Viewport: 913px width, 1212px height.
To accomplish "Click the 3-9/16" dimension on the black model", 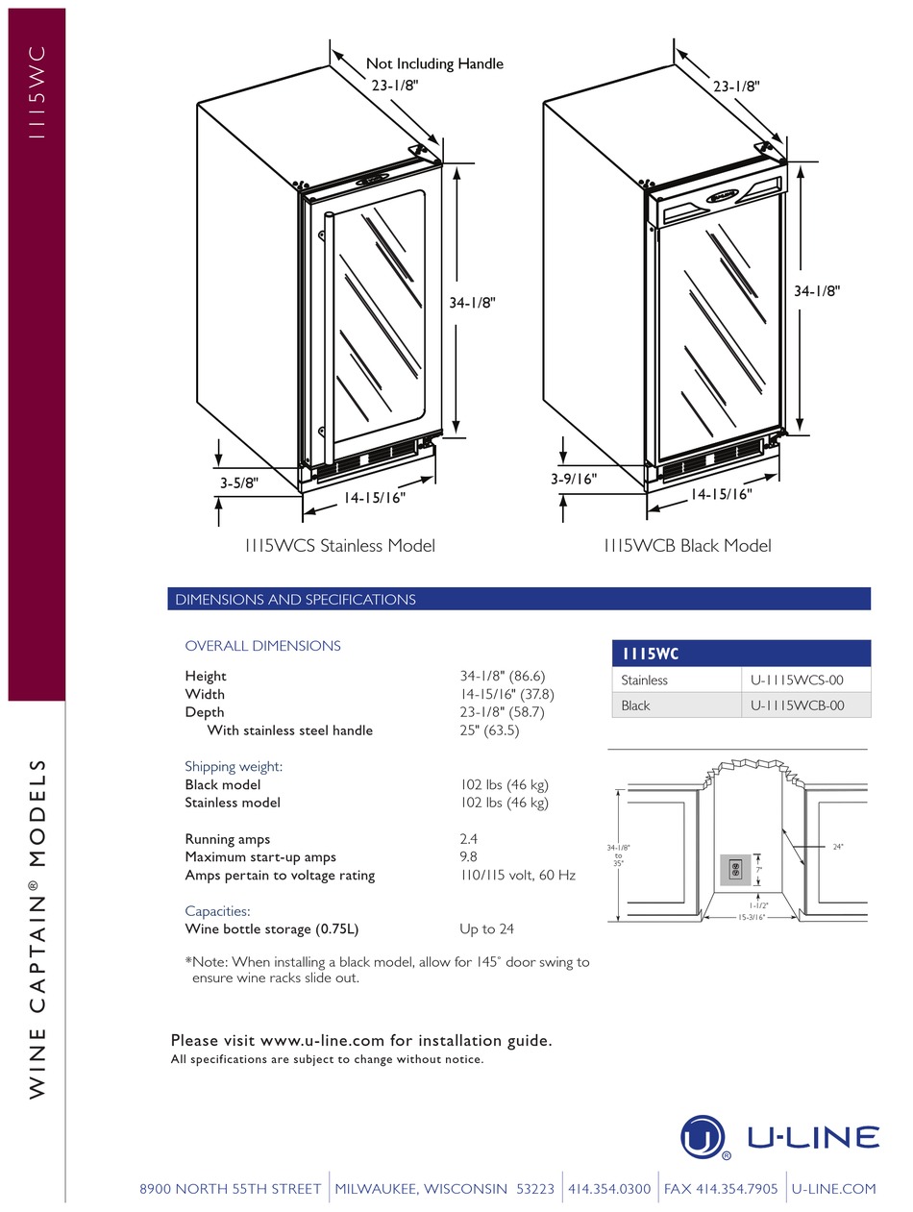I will [x=574, y=478].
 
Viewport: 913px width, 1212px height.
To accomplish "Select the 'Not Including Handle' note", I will [x=434, y=64].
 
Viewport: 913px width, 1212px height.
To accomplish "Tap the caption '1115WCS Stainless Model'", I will [x=339, y=546].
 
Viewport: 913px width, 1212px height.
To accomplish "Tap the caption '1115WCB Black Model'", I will [x=686, y=546].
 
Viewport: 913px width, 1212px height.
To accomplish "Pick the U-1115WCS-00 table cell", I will [x=797, y=680].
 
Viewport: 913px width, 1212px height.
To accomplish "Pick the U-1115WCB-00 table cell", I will [x=797, y=705].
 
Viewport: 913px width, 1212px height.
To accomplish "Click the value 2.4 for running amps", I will [x=468, y=839].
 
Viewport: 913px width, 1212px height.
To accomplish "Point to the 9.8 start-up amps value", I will [x=468, y=856].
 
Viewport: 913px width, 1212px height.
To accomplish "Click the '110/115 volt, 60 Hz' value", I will [x=517, y=875].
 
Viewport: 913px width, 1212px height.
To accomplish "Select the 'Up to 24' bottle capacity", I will [x=486, y=929].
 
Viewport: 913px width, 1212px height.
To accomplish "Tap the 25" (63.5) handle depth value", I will [x=489, y=730].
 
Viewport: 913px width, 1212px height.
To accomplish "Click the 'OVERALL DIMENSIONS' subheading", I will [x=262, y=646].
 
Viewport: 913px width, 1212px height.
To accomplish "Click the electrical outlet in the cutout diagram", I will [x=735, y=870].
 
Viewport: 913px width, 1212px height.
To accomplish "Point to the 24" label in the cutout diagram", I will [x=837, y=847].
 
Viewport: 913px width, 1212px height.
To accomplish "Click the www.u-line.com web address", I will [x=322, y=1040].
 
